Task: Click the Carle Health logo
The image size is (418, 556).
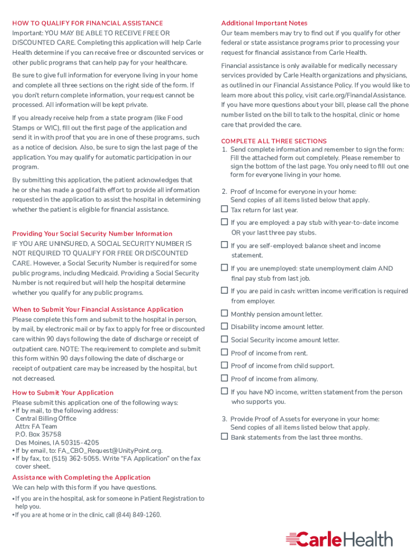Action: coord(339,539)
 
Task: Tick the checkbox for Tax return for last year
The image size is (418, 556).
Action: coord(224,209)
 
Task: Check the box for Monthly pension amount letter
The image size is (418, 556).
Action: coord(224,313)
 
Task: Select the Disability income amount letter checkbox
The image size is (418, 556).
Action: coord(224,326)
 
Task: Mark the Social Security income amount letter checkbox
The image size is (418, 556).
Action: coord(224,339)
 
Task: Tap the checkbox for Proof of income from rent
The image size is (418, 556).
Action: coord(224,352)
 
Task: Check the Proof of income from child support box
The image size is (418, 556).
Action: coord(224,365)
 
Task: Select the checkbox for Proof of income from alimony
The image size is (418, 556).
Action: coord(224,378)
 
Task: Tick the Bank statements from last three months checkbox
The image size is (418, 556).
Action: coord(224,437)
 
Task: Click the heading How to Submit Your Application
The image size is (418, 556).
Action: coord(63,393)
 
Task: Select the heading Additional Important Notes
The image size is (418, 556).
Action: coord(264,23)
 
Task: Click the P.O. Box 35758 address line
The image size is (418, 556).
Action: coord(38,434)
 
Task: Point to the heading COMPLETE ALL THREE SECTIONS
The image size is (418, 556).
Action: coord(274,141)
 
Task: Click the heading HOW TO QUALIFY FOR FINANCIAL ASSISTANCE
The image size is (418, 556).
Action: coord(87,23)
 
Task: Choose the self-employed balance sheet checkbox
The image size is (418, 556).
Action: coord(224,245)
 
